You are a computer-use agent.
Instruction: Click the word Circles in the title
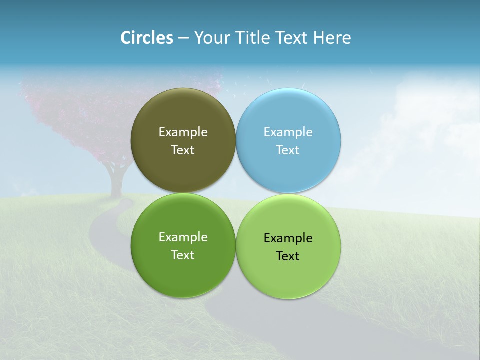147,38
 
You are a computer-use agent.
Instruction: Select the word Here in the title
332,38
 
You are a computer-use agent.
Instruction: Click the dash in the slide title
183,38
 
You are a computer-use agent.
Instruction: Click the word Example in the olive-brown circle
183,132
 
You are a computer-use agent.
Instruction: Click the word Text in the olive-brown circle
183,150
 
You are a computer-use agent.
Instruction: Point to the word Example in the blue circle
288,132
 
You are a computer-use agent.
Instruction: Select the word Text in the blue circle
288,150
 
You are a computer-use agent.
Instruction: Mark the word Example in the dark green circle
183,237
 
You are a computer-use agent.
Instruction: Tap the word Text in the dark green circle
183,255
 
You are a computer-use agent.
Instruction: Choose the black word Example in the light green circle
288,238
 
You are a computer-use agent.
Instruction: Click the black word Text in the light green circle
288,256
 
